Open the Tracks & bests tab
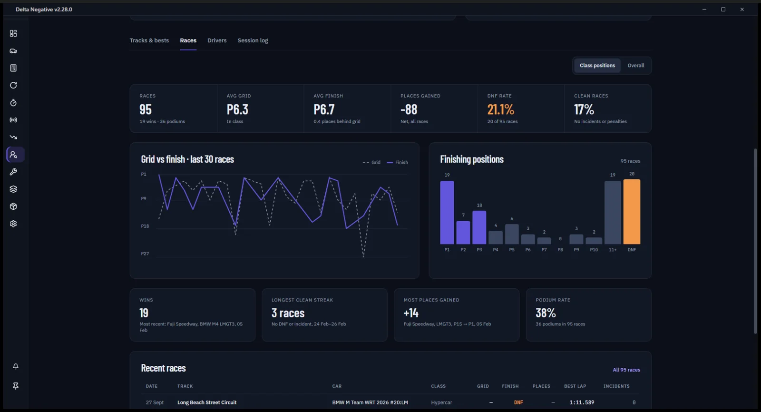pos(149,40)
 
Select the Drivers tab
pos(217,40)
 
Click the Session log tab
pos(253,40)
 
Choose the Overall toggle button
pos(635,65)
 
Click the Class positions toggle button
pos(597,65)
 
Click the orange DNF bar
pos(632,211)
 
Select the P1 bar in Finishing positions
pos(447,213)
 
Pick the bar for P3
pos(479,227)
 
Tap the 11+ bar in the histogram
pos(613,213)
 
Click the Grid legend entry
pos(371,163)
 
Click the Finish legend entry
pos(397,163)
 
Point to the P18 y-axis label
pos(145,226)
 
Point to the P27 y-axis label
pos(145,254)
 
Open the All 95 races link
pos(626,370)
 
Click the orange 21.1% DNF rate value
pos(500,109)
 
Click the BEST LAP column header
pos(575,386)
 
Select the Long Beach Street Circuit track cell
pos(207,402)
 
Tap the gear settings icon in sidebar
pos(13,224)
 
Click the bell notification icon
pos(16,366)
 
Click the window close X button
pos(742,10)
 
